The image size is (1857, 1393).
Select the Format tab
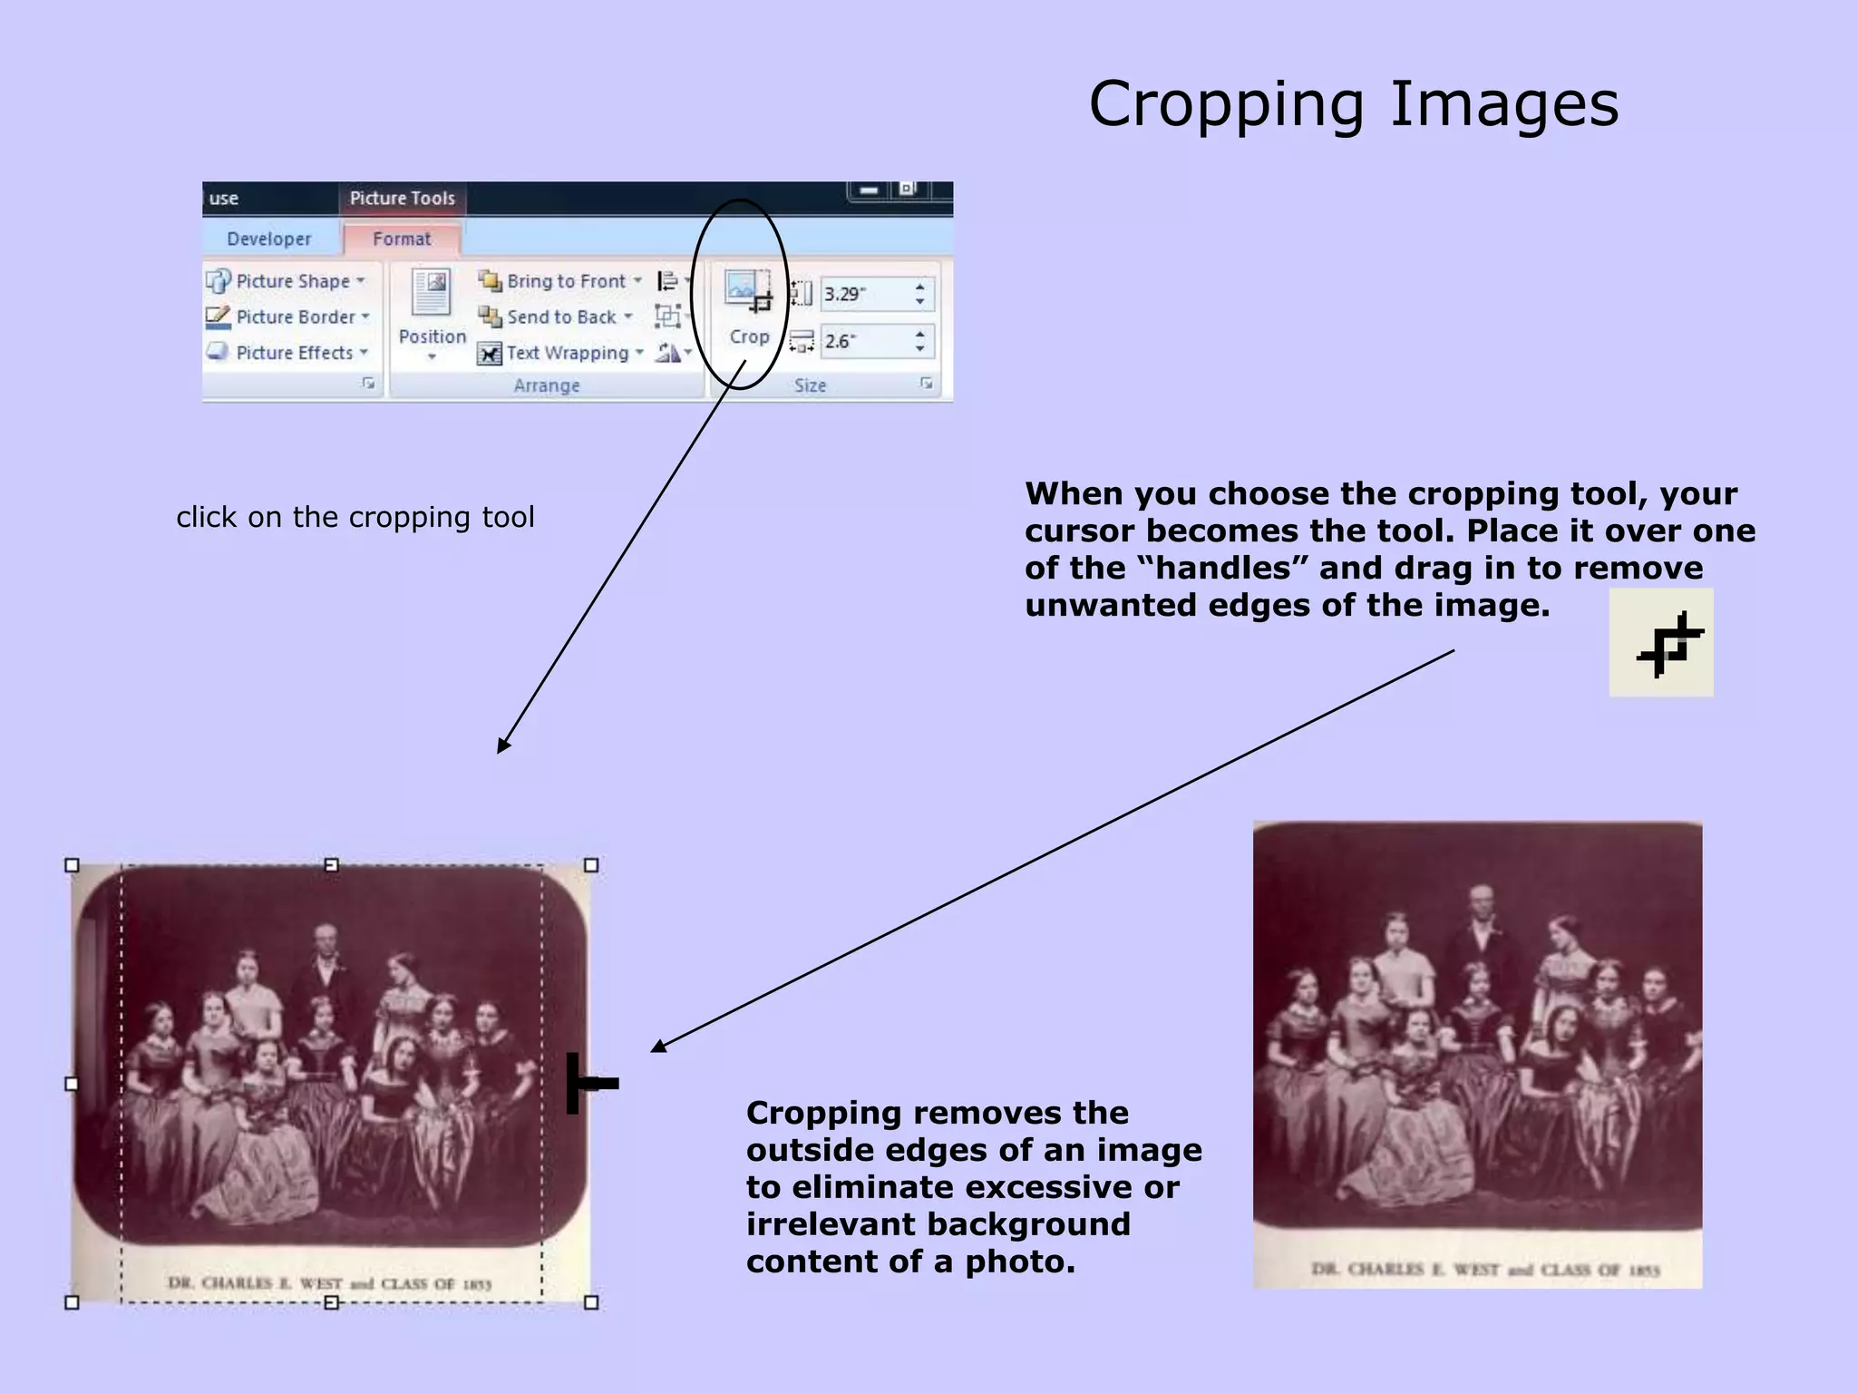(x=402, y=239)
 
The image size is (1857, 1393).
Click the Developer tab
(x=268, y=239)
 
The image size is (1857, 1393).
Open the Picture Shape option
(x=287, y=281)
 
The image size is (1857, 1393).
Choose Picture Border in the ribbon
(x=288, y=317)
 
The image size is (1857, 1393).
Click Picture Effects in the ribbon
(x=287, y=353)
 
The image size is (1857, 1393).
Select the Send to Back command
(x=556, y=317)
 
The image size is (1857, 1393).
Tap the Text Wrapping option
(x=561, y=353)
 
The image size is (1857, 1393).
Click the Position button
(x=432, y=313)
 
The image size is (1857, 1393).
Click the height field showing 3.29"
(x=866, y=294)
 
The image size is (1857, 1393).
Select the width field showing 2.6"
(x=866, y=341)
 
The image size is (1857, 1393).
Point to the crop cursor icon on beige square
(x=1661, y=643)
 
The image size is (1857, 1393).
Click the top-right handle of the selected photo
(x=591, y=865)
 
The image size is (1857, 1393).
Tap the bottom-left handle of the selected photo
(x=73, y=1302)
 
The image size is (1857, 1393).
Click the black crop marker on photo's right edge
(x=589, y=1083)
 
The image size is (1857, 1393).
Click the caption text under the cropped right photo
(x=1484, y=1270)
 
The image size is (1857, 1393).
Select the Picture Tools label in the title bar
(x=402, y=198)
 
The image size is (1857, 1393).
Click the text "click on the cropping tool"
(x=355, y=517)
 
